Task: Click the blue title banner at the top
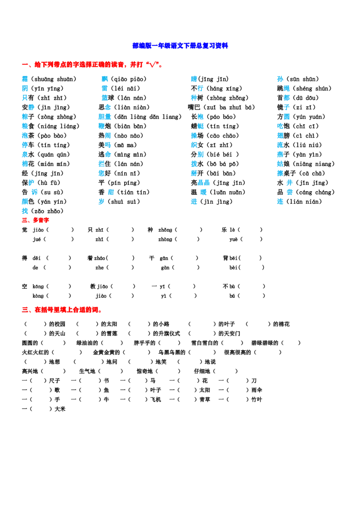180,45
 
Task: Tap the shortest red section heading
36,220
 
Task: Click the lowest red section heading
63,309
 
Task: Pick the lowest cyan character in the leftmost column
25,210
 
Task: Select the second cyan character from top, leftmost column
25,88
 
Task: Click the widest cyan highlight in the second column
105,116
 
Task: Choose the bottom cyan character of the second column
101,201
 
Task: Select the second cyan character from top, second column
104,88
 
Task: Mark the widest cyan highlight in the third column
204,183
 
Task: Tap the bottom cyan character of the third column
194,201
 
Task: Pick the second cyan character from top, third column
201,88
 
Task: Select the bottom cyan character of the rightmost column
280,201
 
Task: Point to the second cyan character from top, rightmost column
287,88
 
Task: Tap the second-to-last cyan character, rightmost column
290,192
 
